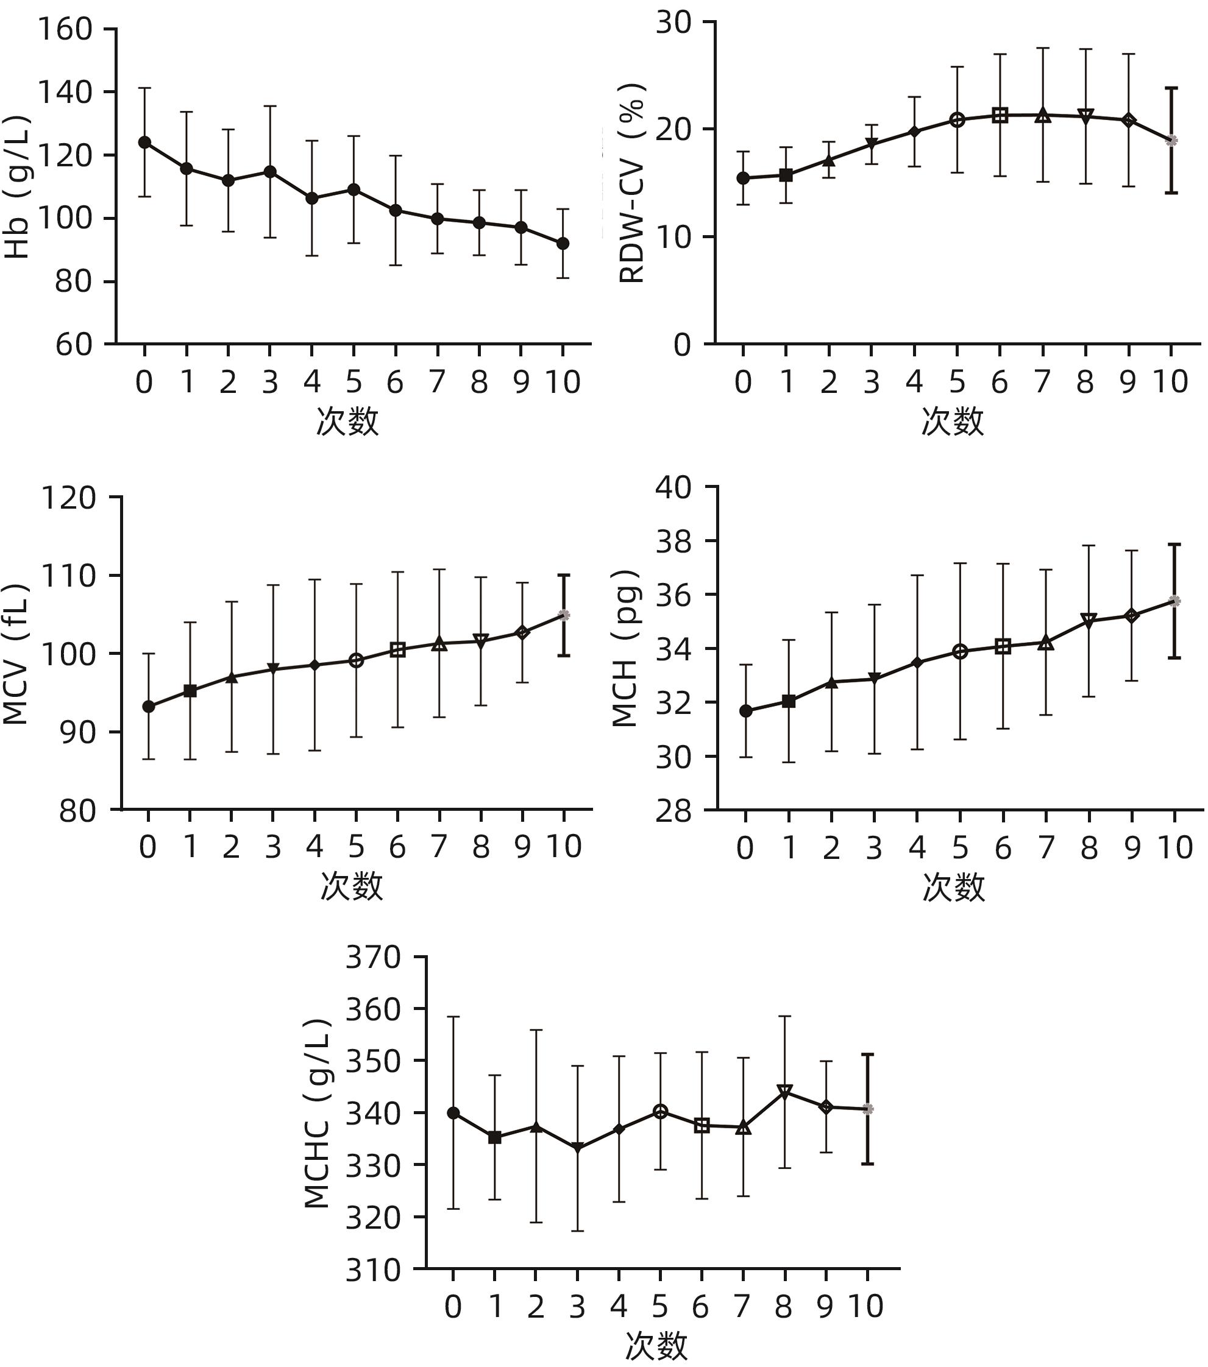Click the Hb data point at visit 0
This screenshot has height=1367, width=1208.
(x=144, y=143)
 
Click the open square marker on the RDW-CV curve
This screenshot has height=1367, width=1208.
(x=1000, y=115)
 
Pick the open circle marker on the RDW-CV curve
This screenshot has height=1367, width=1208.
(x=957, y=121)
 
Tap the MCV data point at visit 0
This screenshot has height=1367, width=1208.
(x=149, y=706)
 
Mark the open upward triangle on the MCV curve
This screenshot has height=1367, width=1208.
(x=439, y=644)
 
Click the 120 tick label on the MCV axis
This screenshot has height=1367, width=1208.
(x=69, y=498)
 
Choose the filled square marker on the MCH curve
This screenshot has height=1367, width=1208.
(x=789, y=701)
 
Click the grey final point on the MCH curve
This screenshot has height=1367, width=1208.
(x=1174, y=601)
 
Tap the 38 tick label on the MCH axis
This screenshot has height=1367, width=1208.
(x=673, y=542)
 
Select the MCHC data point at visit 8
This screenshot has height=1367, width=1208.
(x=785, y=1092)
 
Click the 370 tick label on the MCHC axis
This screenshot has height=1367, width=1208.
(x=373, y=958)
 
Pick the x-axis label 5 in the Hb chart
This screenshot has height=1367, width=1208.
(x=354, y=383)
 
